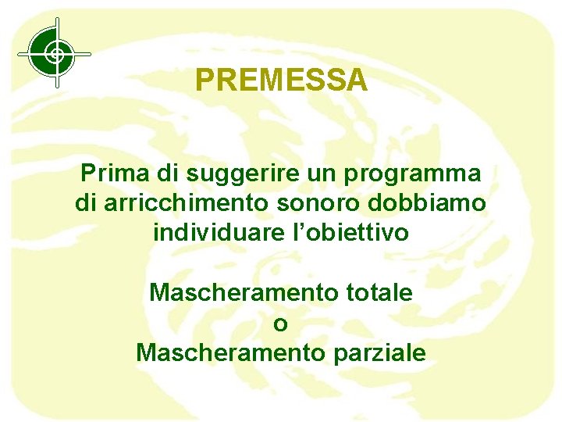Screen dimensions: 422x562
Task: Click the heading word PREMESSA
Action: click(x=281, y=80)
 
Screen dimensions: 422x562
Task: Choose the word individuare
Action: click(x=216, y=231)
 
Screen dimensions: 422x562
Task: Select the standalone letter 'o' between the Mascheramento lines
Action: click(x=281, y=323)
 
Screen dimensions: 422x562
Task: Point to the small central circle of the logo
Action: click(x=55, y=54)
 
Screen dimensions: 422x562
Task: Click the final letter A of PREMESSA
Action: click(x=357, y=80)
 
